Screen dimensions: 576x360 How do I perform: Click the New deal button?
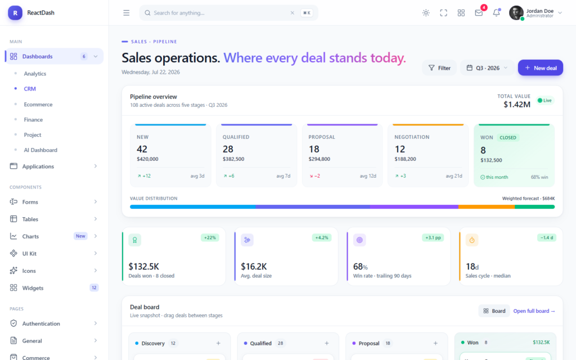[x=541, y=67]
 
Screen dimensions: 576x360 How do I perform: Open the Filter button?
[x=439, y=67]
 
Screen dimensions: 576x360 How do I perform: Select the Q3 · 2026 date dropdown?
[x=487, y=67]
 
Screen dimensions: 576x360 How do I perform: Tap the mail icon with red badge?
[x=479, y=13]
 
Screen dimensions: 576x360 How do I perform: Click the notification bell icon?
[x=496, y=13]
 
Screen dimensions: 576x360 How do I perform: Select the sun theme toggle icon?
[x=426, y=13]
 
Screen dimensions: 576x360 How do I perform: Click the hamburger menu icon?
[x=127, y=13]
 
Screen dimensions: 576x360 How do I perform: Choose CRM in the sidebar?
[x=30, y=88]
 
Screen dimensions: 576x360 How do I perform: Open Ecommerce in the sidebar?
[x=38, y=104]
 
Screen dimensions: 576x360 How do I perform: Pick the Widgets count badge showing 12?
[x=94, y=287]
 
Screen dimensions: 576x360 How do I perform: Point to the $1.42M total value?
[x=517, y=105]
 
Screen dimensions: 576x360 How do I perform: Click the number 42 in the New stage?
[x=142, y=149]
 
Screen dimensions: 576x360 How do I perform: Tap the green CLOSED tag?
[x=508, y=137]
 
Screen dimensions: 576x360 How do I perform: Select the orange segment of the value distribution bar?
[x=487, y=207]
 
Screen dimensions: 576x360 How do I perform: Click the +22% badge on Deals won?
[x=210, y=238]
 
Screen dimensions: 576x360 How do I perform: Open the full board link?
[x=534, y=310]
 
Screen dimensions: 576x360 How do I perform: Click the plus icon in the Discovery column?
[x=218, y=343]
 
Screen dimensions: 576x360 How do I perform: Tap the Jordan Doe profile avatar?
[x=516, y=13]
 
